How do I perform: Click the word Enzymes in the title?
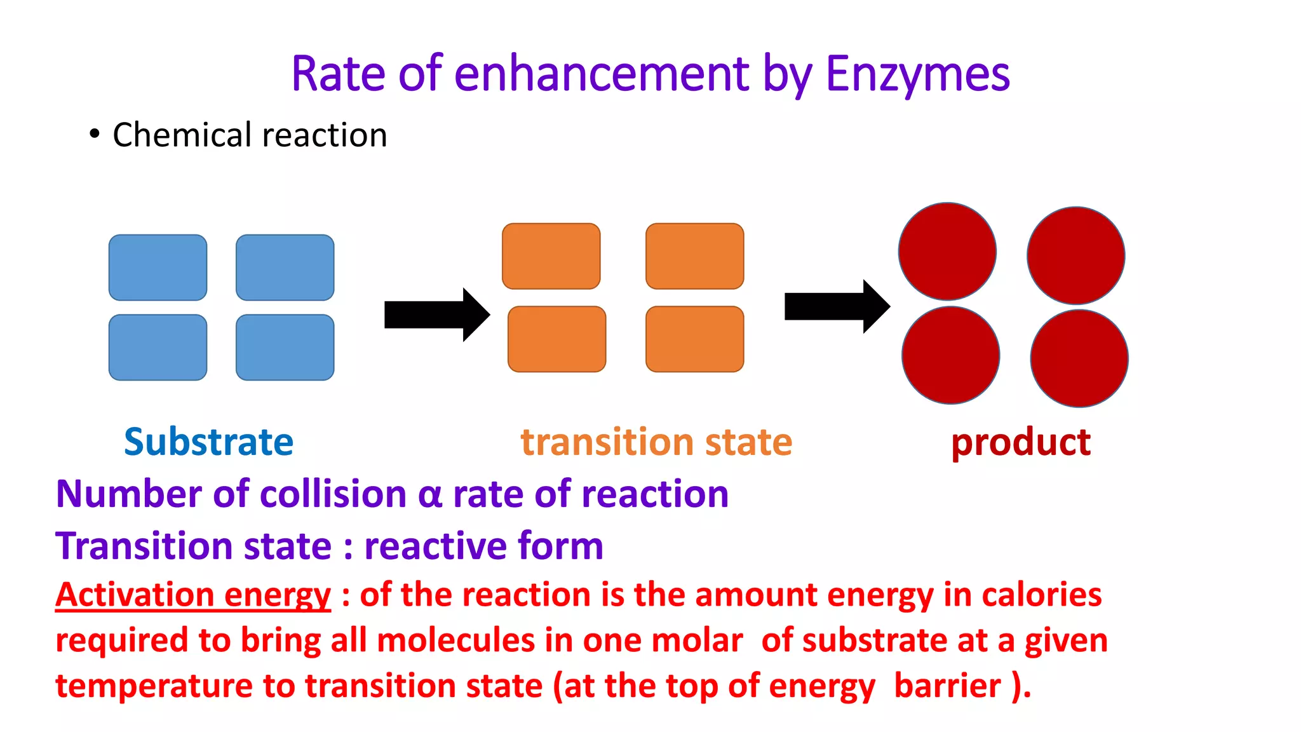(917, 74)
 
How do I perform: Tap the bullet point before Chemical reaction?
(95, 134)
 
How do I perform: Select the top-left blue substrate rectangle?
(158, 268)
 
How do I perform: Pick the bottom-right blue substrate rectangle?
(285, 347)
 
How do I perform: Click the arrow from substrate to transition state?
(436, 315)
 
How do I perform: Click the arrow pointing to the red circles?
(837, 306)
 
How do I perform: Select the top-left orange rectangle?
(551, 256)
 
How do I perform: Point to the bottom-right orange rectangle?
(694, 339)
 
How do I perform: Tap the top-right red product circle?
(1075, 255)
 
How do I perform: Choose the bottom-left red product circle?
(950, 355)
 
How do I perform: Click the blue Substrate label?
(208, 442)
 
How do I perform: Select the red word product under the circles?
(1021, 442)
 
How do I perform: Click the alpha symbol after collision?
(429, 495)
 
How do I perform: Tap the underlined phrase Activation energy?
(193, 595)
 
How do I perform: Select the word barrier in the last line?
(947, 686)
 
